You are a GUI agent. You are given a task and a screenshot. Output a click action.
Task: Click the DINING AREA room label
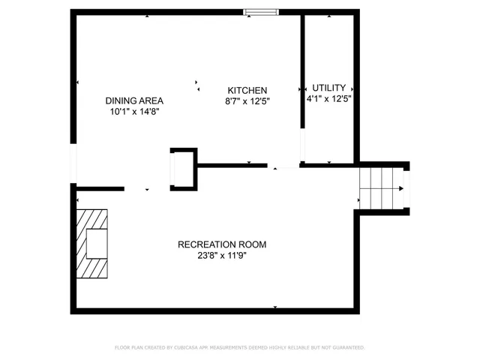pyautogui.click(x=134, y=100)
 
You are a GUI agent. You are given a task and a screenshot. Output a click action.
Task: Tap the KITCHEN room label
pyautogui.click(x=247, y=90)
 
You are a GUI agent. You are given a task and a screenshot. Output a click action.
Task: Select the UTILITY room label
pyautogui.click(x=329, y=88)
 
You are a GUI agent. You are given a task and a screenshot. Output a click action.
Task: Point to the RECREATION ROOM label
pyautogui.click(x=222, y=244)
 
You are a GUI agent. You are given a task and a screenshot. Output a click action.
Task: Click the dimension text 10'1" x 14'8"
pyautogui.click(x=134, y=111)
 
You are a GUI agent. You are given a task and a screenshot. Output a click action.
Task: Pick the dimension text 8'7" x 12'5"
pyautogui.click(x=247, y=100)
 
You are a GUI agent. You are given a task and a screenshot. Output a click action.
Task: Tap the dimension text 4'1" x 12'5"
pyautogui.click(x=329, y=98)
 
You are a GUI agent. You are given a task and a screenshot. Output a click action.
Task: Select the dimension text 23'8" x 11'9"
pyautogui.click(x=222, y=254)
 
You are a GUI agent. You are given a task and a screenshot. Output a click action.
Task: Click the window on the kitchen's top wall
pyautogui.click(x=262, y=11)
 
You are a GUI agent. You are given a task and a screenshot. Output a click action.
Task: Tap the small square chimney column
pyautogui.click(x=183, y=169)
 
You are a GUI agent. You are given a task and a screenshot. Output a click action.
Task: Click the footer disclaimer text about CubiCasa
pyautogui.click(x=239, y=348)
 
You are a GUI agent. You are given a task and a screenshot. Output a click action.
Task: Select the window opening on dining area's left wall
pyautogui.click(x=73, y=163)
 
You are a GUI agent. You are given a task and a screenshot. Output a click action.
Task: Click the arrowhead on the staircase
pyautogui.click(x=403, y=188)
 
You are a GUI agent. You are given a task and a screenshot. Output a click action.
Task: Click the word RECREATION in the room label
pyautogui.click(x=204, y=244)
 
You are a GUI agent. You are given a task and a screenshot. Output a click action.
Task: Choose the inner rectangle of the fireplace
pyautogui.click(x=96, y=243)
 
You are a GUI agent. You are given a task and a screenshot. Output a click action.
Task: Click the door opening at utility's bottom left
pyautogui.click(x=302, y=146)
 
